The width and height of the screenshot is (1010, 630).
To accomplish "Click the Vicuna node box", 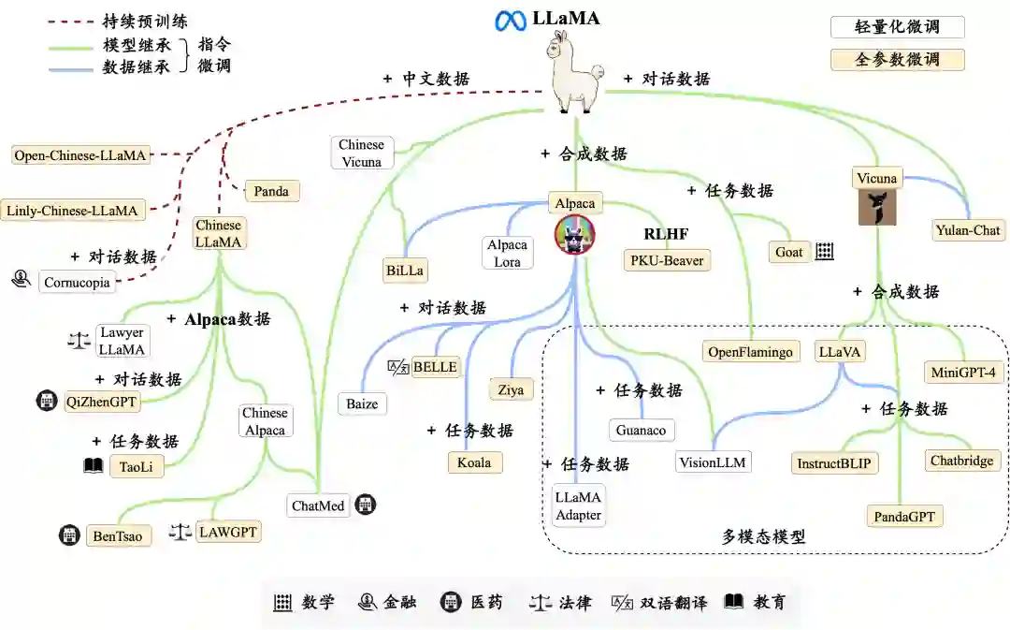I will click(x=876, y=178).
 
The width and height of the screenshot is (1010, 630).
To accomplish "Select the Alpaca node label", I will click(x=574, y=202).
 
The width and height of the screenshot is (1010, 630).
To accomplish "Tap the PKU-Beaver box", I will click(x=667, y=259).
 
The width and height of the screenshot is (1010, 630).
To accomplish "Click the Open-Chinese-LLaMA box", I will click(x=81, y=155).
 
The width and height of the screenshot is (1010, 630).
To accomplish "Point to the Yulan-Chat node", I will click(x=967, y=229).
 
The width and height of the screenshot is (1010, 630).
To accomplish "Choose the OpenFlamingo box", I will click(x=751, y=352).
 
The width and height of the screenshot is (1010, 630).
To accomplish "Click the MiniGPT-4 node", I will click(x=963, y=372).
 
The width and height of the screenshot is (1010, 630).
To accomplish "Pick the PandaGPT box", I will click(x=903, y=516).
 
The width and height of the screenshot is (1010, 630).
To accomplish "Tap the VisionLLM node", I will click(x=714, y=462).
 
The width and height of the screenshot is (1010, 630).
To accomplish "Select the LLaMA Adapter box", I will click(x=578, y=505).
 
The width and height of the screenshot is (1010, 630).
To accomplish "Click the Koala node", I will click(x=474, y=462).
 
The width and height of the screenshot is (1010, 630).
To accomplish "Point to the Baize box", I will click(x=362, y=404).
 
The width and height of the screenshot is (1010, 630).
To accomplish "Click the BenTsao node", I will click(x=118, y=536).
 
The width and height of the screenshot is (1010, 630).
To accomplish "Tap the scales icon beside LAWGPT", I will click(x=180, y=532).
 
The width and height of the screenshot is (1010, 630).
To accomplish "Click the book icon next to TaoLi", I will click(x=94, y=465).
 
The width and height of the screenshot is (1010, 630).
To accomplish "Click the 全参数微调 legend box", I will click(x=897, y=60).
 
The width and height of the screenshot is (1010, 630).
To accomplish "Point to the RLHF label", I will click(x=666, y=234).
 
